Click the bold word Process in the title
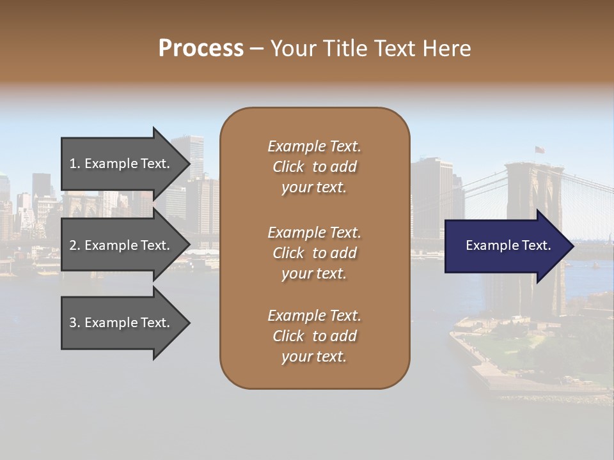point(201,49)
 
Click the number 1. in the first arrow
point(75,164)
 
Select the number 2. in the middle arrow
point(75,245)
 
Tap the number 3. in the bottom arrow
point(75,323)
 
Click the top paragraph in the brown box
point(314,167)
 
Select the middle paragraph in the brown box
point(314,253)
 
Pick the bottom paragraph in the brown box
point(314,336)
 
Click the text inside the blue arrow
point(508,246)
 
